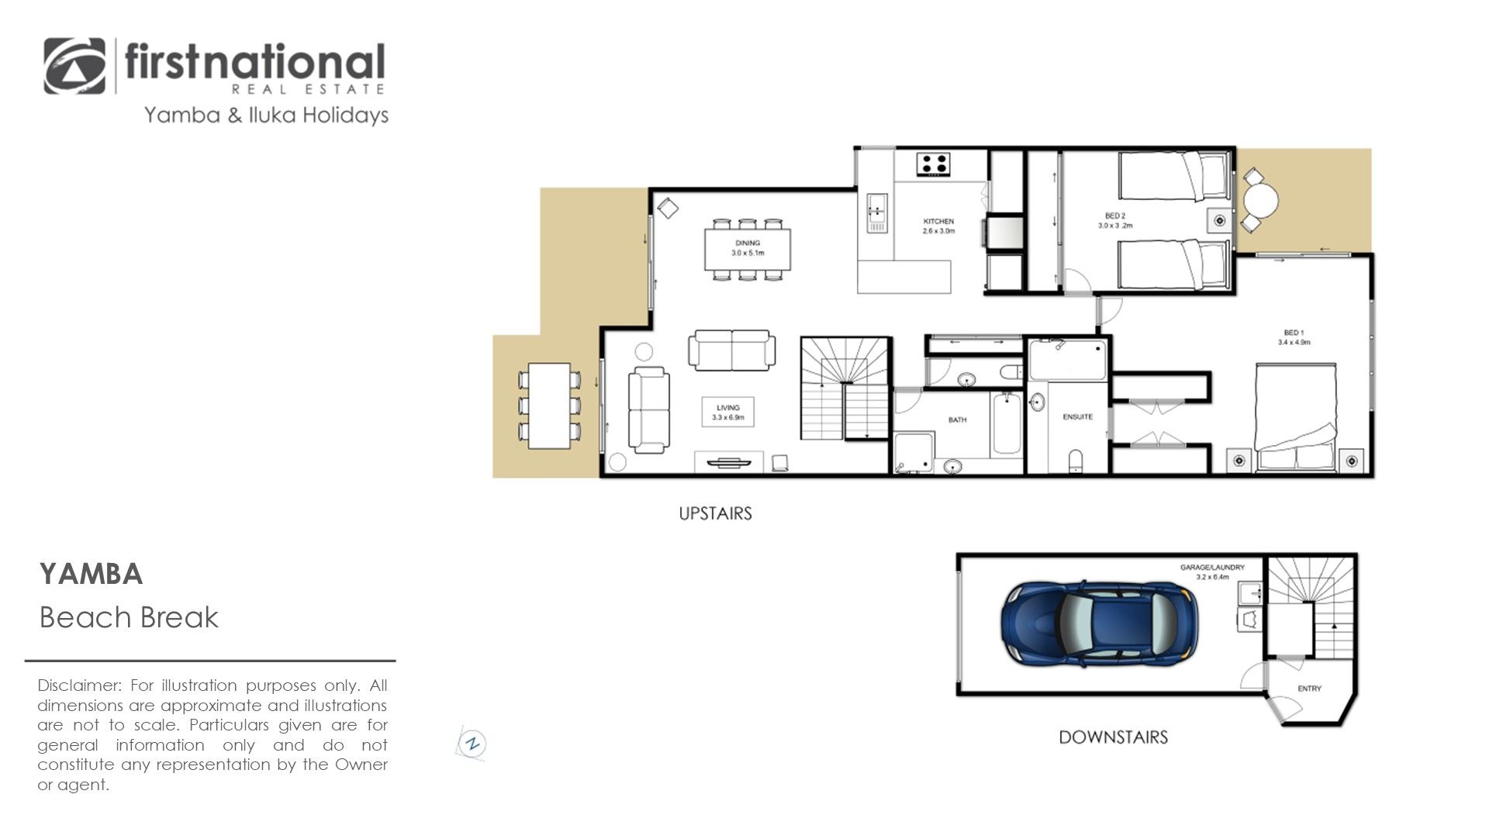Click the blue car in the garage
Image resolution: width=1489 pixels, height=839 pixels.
point(1099,624)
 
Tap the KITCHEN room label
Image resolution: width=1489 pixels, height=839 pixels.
point(938,222)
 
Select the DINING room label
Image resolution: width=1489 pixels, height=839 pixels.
point(748,243)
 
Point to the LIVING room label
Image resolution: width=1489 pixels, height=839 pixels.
point(727,407)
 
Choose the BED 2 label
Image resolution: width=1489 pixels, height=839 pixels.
point(1115,216)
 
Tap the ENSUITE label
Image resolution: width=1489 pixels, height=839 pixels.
point(1077,417)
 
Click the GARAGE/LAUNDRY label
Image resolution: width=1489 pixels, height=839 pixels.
point(1212,568)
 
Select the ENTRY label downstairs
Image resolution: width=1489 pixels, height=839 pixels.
point(1309,689)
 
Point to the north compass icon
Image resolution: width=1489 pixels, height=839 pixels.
point(472,744)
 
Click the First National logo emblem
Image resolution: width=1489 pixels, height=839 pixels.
point(74,66)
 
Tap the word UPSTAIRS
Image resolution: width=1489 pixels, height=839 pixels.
point(715,513)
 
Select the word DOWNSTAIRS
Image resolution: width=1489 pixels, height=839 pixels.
point(1113,737)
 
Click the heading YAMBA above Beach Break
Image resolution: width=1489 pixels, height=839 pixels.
point(91,575)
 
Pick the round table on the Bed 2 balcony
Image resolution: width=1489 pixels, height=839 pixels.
point(1261,202)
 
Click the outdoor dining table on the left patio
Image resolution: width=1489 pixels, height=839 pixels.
point(549,406)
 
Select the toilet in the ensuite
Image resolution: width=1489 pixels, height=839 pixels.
point(1076,461)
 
